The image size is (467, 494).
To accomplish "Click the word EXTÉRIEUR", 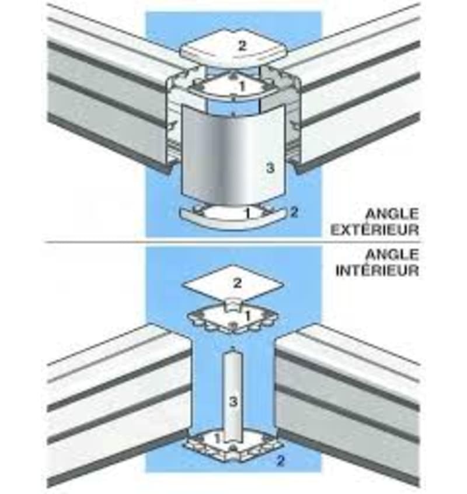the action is [x=375, y=229].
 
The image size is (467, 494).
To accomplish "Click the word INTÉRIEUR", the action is [x=377, y=270].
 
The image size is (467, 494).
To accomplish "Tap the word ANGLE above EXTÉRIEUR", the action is [x=392, y=214].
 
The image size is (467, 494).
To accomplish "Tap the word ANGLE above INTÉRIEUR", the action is [x=392, y=254].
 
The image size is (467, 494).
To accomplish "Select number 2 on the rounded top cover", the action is [x=242, y=46].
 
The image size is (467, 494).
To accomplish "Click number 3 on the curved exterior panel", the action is [x=270, y=168].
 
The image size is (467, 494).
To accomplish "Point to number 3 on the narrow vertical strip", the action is [x=233, y=402].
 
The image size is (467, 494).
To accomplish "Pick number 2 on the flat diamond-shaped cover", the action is [x=237, y=283].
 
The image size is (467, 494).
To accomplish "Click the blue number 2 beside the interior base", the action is [x=280, y=461].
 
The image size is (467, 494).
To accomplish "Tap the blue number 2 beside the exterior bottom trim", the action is [x=294, y=212].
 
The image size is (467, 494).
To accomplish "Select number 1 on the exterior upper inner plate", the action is [x=242, y=86].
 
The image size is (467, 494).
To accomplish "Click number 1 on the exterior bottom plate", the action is [x=248, y=213].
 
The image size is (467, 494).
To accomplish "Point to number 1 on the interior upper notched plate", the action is [x=248, y=316].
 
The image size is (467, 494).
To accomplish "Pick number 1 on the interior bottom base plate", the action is [x=217, y=438].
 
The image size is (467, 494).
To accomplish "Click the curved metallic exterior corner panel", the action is [x=233, y=155].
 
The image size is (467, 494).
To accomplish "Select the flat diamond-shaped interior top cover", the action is [x=233, y=283].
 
